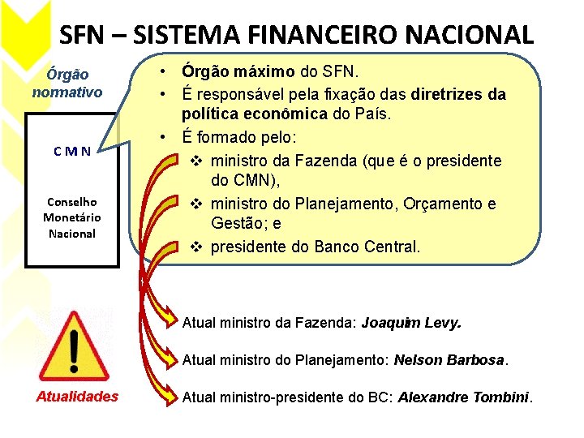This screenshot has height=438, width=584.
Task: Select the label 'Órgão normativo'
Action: (67, 83)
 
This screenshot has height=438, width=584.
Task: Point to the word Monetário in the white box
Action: (71, 217)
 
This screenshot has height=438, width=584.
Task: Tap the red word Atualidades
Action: (77, 396)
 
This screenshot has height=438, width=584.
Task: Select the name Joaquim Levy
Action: (411, 322)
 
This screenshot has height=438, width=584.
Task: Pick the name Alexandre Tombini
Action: (463, 397)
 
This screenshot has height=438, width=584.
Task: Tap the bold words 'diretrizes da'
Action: (458, 94)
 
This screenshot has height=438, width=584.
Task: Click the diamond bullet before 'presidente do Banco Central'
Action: (196, 246)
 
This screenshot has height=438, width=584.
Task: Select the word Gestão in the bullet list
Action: (235, 223)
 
